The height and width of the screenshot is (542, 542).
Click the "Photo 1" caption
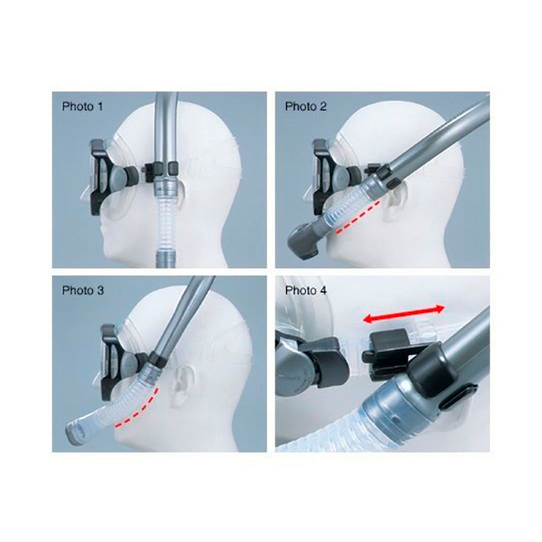pyautogui.click(x=82, y=106)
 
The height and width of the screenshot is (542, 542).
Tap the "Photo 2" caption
pyautogui.click(x=306, y=106)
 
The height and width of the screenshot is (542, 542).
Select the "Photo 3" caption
pyautogui.click(x=83, y=291)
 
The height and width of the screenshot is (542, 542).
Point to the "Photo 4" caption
pyautogui.click(x=306, y=291)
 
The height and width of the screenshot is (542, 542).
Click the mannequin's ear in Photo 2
pyautogui.click(x=396, y=206)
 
